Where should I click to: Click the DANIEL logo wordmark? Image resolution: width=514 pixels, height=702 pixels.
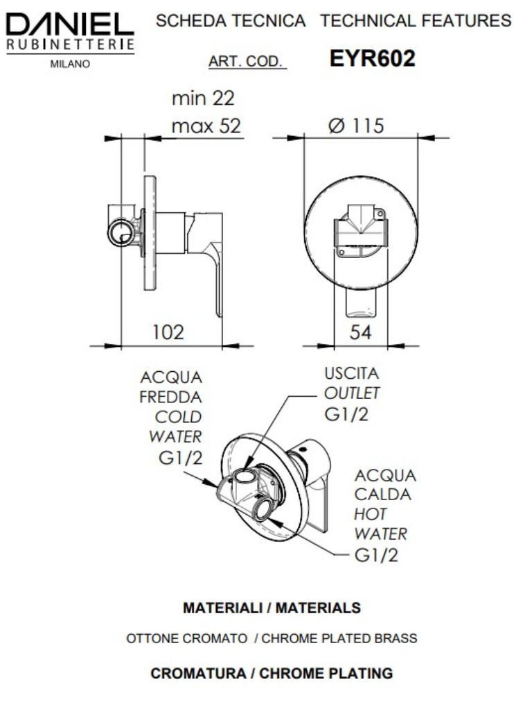coord(69,25)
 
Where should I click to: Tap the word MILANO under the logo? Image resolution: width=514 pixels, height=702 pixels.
coord(69,65)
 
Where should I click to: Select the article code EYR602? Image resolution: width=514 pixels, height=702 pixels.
coord(373,59)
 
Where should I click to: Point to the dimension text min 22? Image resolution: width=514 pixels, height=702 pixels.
coord(207,99)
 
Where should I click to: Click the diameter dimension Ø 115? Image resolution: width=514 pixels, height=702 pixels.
coord(357,126)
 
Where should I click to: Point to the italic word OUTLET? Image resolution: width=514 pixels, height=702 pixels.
coord(352,393)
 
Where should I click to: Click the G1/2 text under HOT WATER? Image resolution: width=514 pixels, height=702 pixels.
coord(376,555)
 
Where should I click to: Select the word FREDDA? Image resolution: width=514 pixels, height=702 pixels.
coord(170,397)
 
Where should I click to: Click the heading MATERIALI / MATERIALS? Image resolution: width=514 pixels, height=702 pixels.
coord(272,608)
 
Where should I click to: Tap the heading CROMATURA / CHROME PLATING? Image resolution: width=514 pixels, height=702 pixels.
coord(272,673)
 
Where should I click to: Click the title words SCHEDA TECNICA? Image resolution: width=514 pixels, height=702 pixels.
coord(231,22)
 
